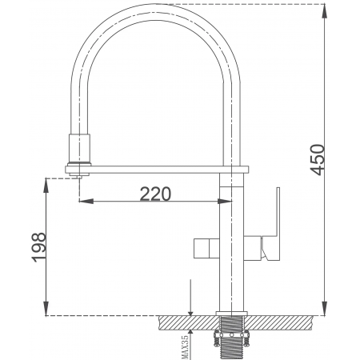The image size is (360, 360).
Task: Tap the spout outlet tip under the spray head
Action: point(78,177)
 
